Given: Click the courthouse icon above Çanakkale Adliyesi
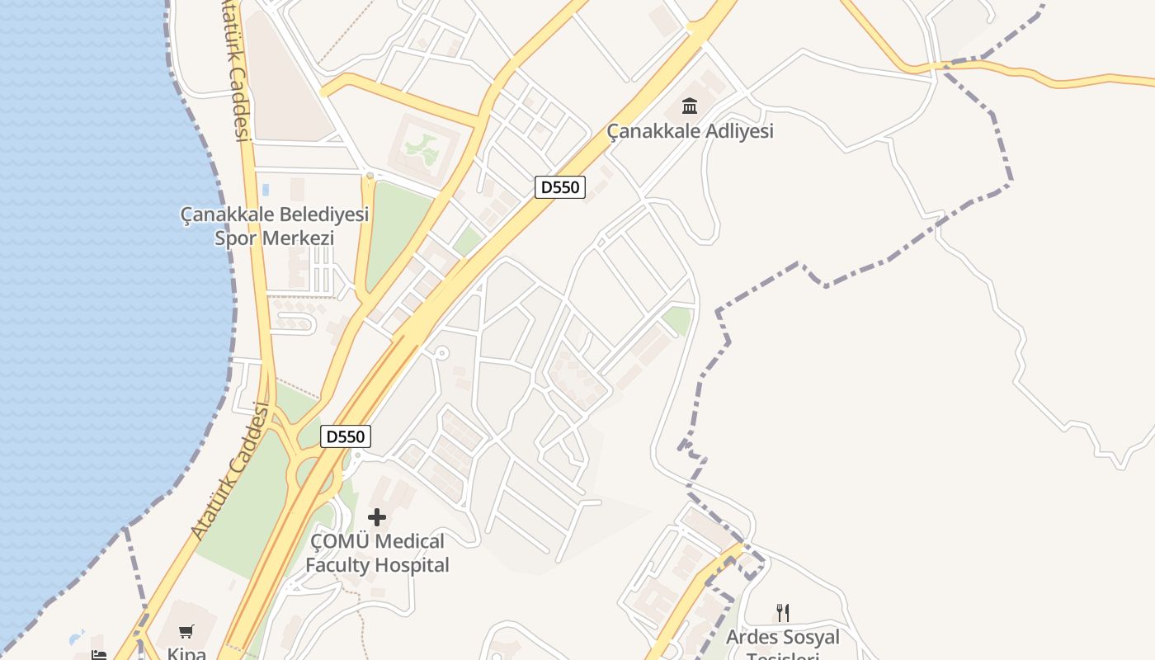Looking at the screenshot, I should tap(690, 106).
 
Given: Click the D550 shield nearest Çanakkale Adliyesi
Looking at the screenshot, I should tap(561, 187).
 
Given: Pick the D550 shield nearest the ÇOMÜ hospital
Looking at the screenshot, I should tap(346, 436).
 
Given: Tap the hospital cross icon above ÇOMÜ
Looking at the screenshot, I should tap(377, 517).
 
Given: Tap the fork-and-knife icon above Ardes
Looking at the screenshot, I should tap(783, 613).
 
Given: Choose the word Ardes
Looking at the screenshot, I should tap(752, 638).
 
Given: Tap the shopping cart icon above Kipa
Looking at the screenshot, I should tap(186, 632).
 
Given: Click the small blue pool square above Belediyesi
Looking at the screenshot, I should tap(266, 190).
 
